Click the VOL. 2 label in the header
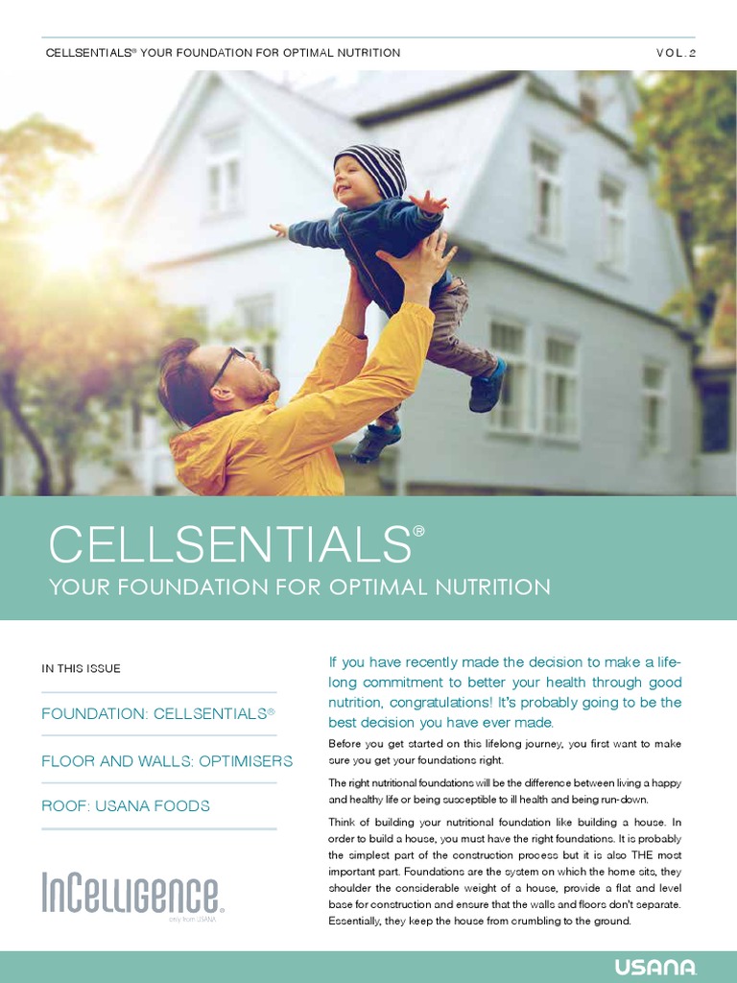click(676, 53)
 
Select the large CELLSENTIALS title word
click(230, 546)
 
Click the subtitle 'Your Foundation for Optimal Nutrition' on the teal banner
click(299, 587)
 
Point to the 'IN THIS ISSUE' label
click(82, 668)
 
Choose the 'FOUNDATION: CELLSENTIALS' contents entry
click(158, 714)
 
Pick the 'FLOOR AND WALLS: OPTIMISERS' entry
click(167, 760)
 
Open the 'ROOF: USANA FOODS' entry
click(126, 805)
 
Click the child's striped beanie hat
click(373, 167)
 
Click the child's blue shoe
click(487, 385)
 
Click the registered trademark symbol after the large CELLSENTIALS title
click(418, 528)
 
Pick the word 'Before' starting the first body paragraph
click(345, 744)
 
